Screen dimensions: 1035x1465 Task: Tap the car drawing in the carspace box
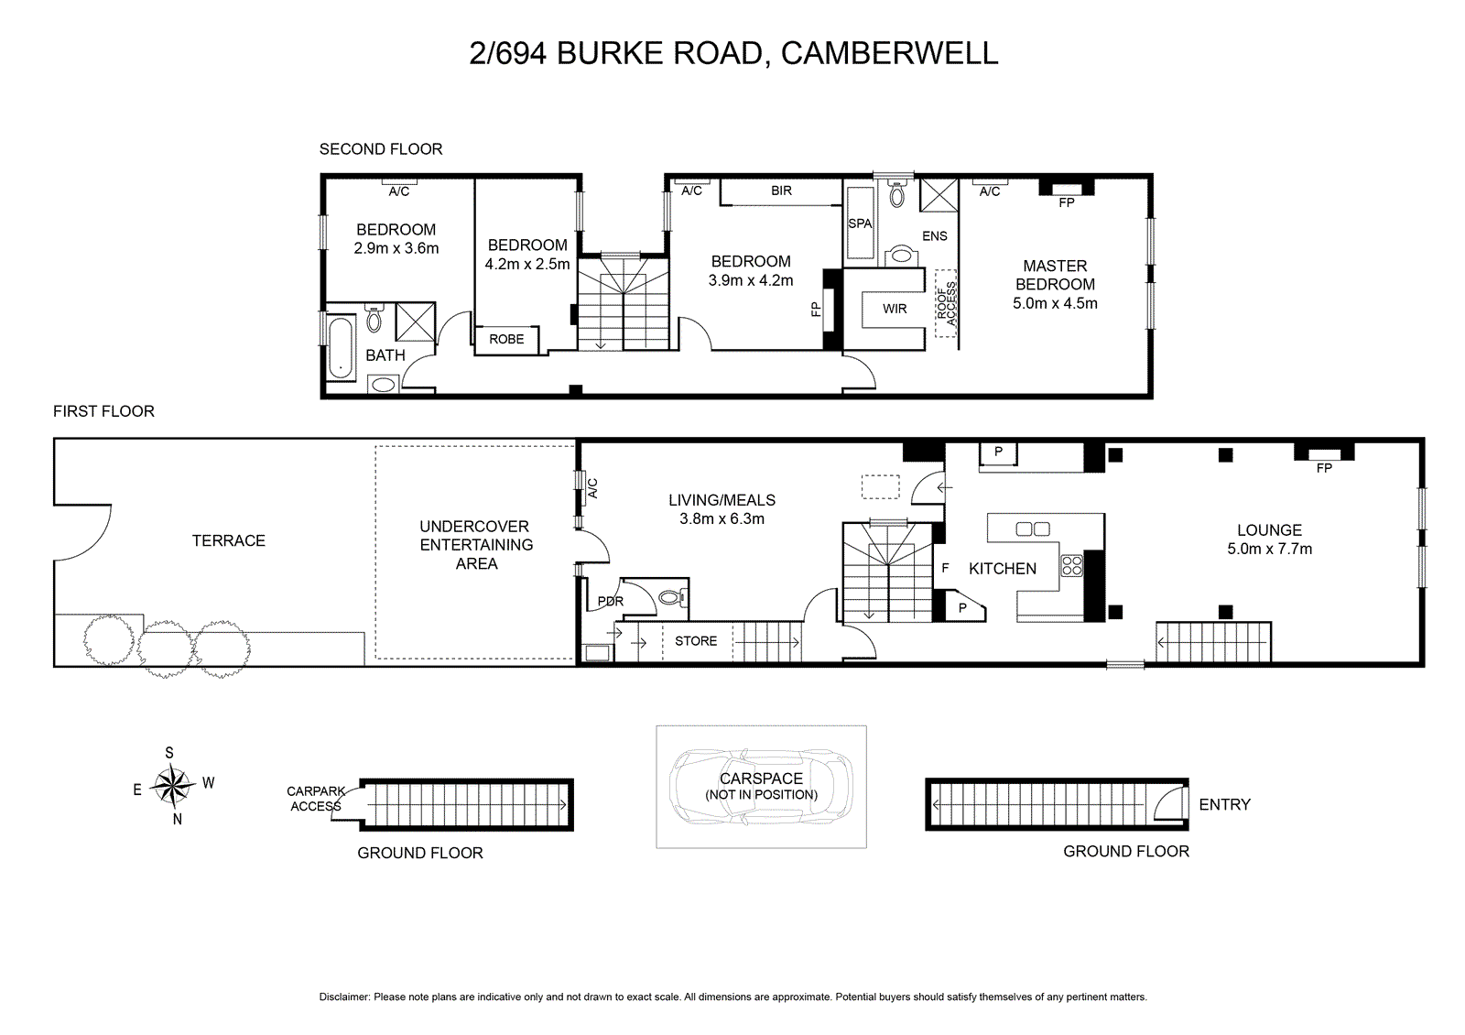(761, 787)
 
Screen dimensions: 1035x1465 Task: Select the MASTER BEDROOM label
(1055, 275)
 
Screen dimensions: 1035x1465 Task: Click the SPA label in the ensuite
(860, 223)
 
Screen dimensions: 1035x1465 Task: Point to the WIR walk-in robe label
(895, 309)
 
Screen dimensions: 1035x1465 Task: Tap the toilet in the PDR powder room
(671, 598)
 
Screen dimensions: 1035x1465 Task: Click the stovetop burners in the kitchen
(1071, 565)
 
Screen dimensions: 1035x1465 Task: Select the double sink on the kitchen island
(1033, 528)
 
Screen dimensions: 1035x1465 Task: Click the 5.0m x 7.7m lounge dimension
(1269, 549)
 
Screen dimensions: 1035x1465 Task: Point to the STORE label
(696, 641)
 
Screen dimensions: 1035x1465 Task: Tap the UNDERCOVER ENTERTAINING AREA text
(475, 545)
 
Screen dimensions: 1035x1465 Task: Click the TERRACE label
(229, 540)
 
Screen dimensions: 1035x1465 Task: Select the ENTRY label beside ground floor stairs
(1224, 804)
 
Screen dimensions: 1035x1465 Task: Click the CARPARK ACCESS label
(316, 799)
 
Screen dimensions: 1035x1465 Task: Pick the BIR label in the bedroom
(781, 191)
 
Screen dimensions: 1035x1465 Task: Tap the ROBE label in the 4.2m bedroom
(506, 339)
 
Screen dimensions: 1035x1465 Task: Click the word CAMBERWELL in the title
(889, 53)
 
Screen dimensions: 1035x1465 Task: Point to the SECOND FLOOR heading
(381, 149)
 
